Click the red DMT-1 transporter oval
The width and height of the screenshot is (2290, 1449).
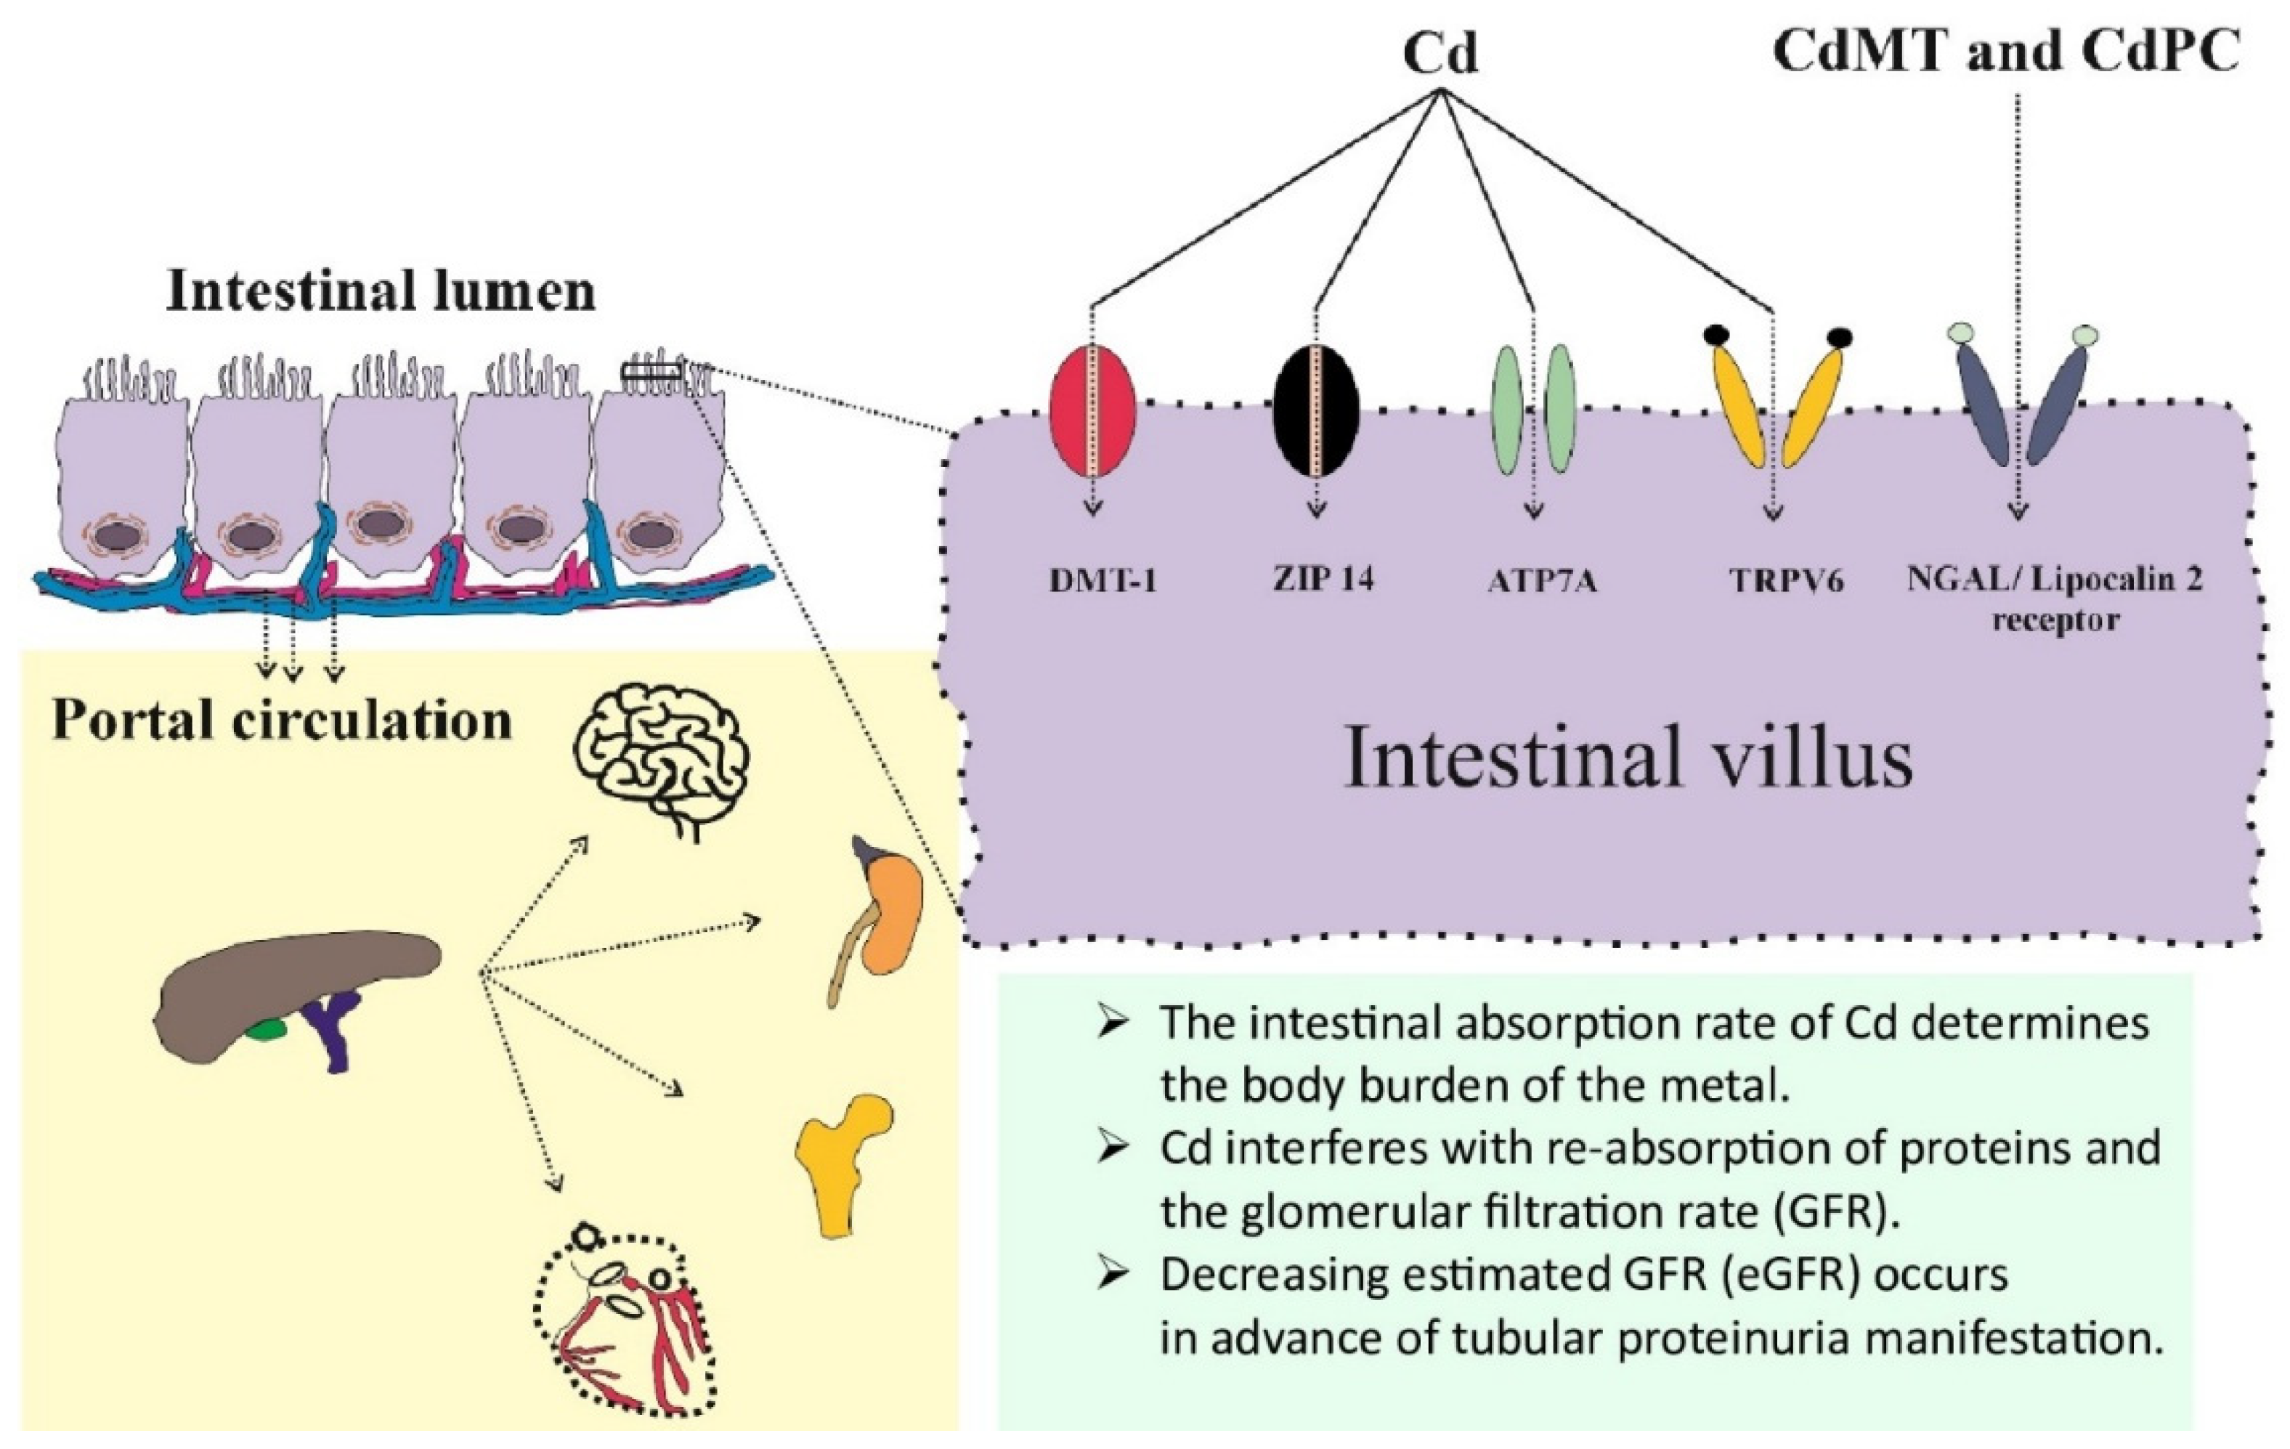point(1092,411)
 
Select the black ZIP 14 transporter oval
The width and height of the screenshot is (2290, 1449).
point(1316,411)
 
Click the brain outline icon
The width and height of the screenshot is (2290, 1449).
point(661,760)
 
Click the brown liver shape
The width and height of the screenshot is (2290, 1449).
point(285,989)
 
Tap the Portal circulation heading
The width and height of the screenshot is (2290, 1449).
point(282,720)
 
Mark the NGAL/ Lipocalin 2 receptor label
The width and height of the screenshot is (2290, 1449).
point(2054,599)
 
